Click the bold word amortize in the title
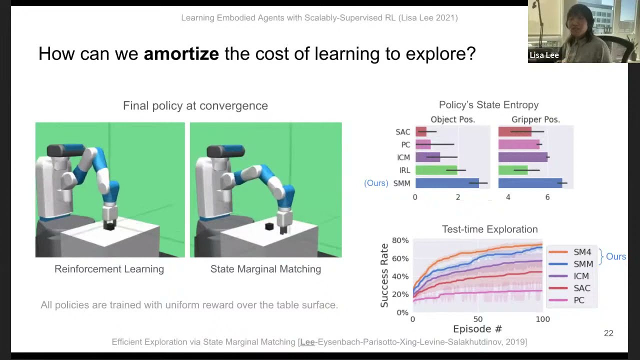coord(181,53)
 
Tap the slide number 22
coord(608,333)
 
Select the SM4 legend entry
coord(582,252)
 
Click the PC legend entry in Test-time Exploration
coord(578,300)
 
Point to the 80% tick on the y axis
coord(400,240)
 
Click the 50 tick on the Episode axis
coord(478,319)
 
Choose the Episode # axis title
coord(477,329)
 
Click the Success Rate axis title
coord(384,275)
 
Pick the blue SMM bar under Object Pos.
coord(447,183)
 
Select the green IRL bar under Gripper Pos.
coord(513,170)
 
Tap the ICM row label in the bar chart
coord(403,157)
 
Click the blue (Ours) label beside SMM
coord(376,183)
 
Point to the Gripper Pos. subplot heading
coord(535,119)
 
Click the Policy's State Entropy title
coord(488,105)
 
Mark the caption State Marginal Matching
coord(265,269)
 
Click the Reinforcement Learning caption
coord(109,269)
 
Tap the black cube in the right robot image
coord(269,227)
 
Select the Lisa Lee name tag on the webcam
coord(544,55)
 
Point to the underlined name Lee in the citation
coord(307,342)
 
